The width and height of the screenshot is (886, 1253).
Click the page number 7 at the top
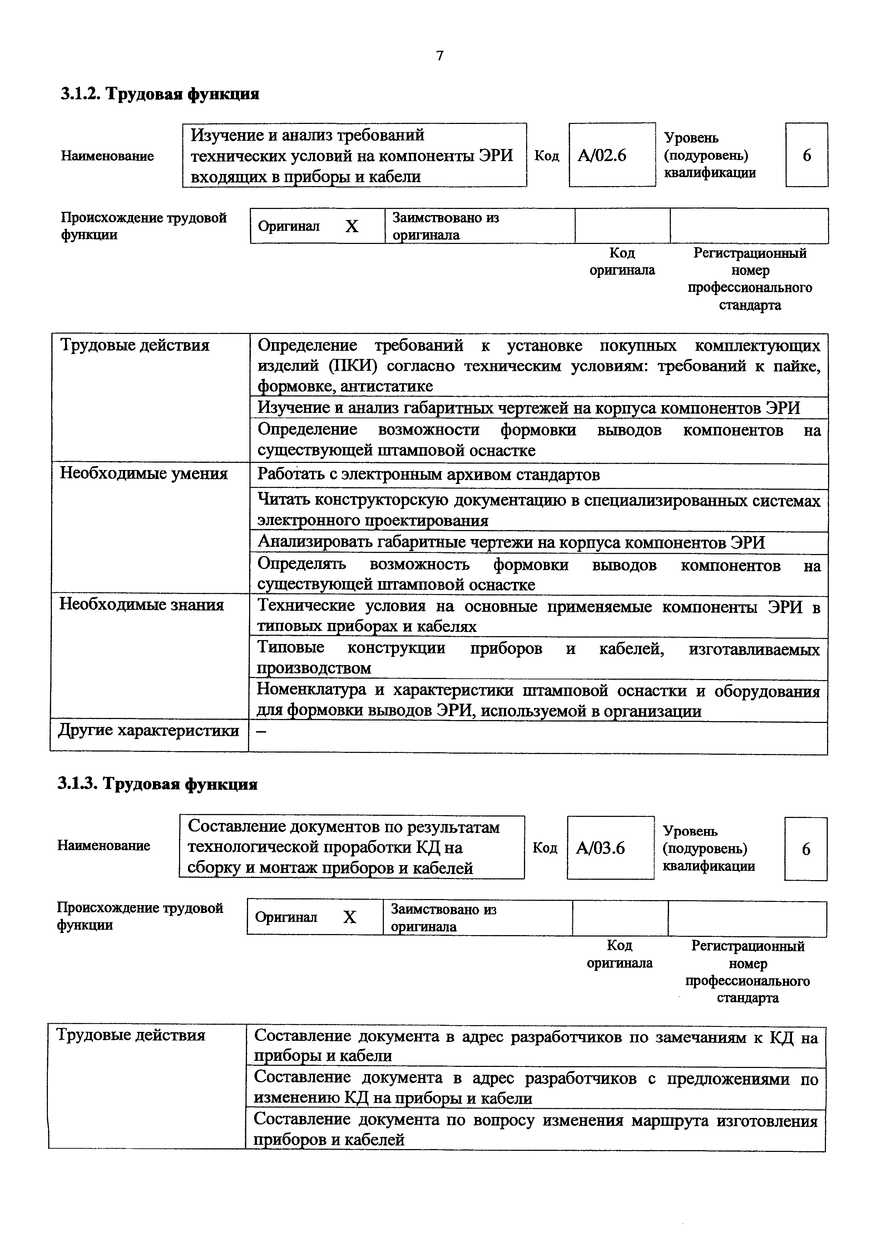tap(440, 56)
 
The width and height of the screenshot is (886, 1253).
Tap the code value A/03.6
tap(600, 848)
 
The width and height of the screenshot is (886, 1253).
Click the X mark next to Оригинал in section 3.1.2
tap(352, 226)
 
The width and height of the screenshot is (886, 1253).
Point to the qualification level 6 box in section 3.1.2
tap(806, 155)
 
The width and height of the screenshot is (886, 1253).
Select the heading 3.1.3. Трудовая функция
tap(158, 784)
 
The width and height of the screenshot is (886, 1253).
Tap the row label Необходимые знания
tap(142, 605)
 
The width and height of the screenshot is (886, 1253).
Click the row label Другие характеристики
tap(148, 730)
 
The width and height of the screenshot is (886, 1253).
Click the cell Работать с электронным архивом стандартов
tap(429, 475)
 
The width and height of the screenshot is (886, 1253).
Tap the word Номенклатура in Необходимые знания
tap(312, 690)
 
